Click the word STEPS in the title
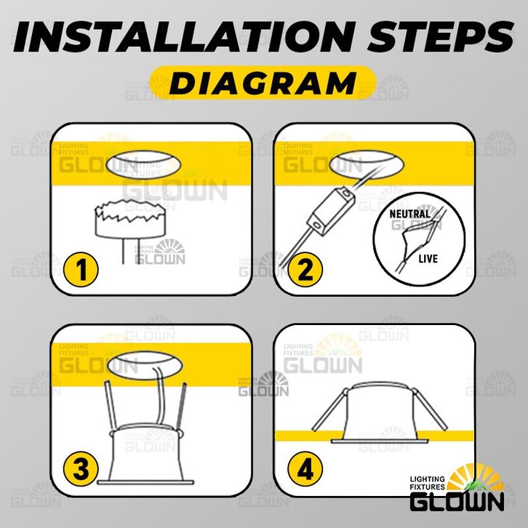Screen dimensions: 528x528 pyautogui.click(x=441, y=36)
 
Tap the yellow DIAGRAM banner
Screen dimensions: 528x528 pyautogui.click(x=263, y=82)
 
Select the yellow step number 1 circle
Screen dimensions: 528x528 pyautogui.click(x=81, y=269)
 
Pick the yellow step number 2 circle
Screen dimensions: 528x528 pyautogui.click(x=305, y=269)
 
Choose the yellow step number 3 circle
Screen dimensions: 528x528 pyautogui.click(x=81, y=469)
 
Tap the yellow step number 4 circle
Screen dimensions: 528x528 pyautogui.click(x=305, y=469)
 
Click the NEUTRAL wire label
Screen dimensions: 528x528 pyautogui.click(x=409, y=214)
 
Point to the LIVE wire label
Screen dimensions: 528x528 pyautogui.click(x=428, y=259)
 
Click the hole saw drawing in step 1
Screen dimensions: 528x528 pyautogui.click(x=130, y=231)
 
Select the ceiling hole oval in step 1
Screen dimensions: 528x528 pyautogui.click(x=143, y=165)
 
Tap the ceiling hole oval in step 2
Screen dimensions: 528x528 pyautogui.click(x=367, y=165)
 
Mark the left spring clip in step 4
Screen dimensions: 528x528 pyautogui.click(x=331, y=409)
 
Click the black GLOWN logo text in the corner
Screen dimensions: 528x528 pyautogui.click(x=457, y=501)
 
